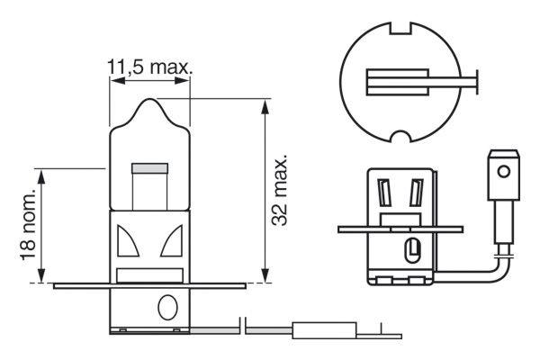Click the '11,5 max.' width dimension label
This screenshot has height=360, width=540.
[150, 67]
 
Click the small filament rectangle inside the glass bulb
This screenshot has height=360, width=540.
[149, 169]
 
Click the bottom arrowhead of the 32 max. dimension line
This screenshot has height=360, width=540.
[264, 276]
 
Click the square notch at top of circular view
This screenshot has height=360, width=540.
[403, 30]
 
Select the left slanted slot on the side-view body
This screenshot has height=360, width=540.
[386, 193]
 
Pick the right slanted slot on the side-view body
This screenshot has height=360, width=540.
[415, 193]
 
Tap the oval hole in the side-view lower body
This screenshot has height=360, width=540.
[412, 247]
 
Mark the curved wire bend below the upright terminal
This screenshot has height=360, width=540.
[495, 266]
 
